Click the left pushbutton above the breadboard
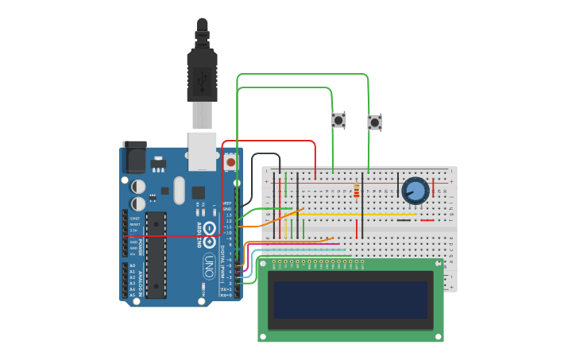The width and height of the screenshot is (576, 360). click(338, 120)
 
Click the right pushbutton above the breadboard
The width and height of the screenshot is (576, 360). click(374, 122)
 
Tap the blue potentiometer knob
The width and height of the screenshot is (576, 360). click(415, 191)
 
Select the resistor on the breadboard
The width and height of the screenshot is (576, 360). click(356, 191)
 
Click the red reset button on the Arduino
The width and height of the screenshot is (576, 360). click(230, 162)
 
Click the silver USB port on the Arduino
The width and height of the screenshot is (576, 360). click(202, 151)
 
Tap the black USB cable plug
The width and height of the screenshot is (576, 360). click(202, 75)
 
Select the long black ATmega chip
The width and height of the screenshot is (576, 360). click(156, 254)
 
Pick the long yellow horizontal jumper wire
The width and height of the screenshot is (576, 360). click(358, 215)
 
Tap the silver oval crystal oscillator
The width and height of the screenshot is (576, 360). click(178, 190)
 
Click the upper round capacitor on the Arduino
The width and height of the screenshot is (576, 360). click(138, 186)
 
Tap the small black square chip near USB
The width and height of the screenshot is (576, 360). click(198, 192)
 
